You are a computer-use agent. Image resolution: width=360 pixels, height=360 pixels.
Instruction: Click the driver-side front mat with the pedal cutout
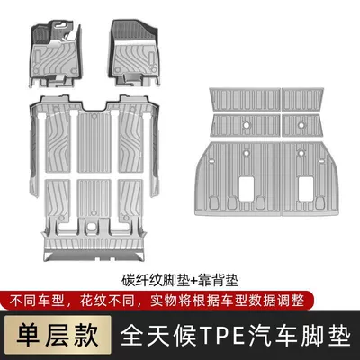pos(56,53)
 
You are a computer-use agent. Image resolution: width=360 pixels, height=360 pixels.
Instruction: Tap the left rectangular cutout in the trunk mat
pos(247,189)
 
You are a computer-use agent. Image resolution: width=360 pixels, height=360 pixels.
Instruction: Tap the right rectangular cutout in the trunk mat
pos(306,189)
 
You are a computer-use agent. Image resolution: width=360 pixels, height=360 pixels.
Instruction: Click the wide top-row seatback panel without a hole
pos(245,99)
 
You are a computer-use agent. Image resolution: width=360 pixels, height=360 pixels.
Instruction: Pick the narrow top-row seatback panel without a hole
pos(303,99)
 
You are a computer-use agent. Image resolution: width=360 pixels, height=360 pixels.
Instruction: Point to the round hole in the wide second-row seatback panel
pos(246,124)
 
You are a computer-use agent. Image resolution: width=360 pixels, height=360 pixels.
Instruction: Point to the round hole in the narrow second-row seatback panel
pos(301,124)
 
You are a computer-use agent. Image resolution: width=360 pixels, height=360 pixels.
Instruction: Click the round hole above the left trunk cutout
pos(247,153)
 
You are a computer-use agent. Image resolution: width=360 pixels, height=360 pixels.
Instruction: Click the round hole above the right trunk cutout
pos(301,153)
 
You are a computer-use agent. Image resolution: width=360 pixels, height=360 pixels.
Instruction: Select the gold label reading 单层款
pos(58,333)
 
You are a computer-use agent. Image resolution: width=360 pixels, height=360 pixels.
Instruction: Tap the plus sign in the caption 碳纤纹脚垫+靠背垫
pos(194,281)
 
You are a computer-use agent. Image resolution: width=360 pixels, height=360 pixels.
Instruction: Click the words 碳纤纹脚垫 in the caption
pos(156,281)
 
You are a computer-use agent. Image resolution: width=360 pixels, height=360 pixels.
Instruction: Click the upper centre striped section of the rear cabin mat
pos(94,143)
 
